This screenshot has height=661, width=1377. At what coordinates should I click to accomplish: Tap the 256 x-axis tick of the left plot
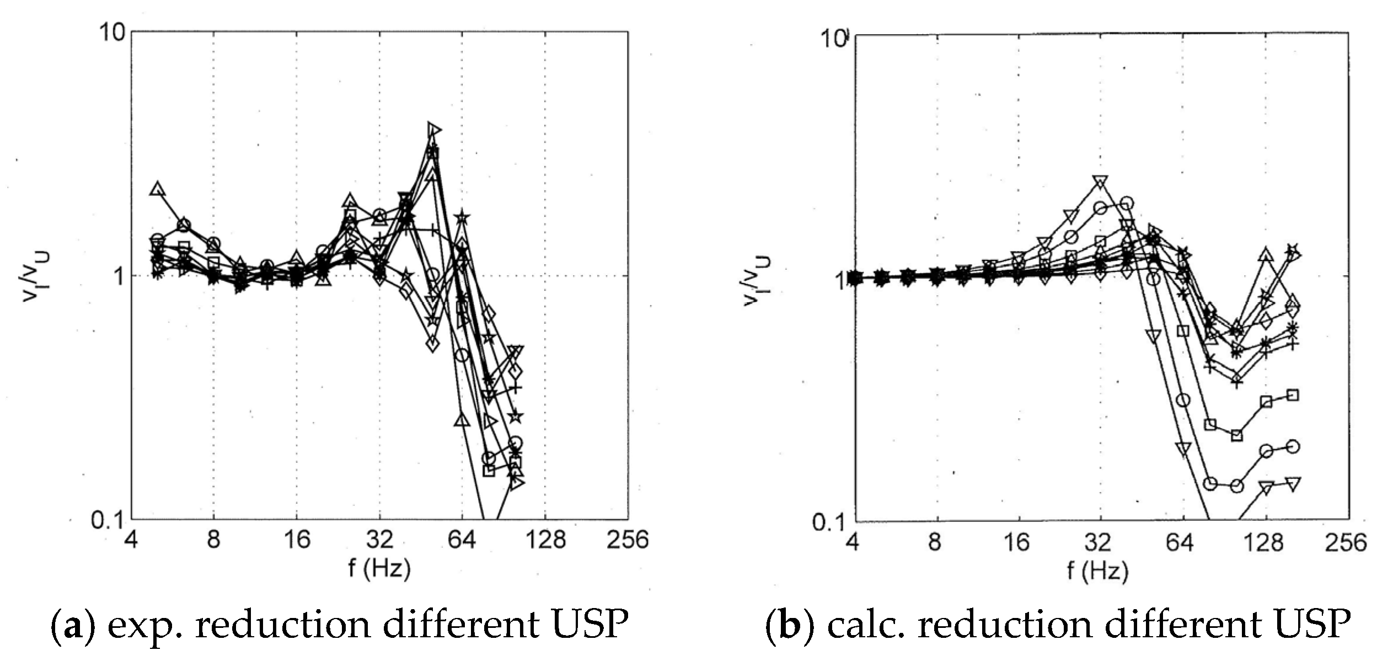tap(628, 540)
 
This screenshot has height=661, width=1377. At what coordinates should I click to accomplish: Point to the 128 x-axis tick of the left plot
tap(545, 540)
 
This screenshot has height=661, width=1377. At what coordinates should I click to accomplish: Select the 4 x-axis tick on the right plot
tap(852, 543)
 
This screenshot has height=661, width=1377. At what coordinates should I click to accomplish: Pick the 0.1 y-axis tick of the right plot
tap(829, 523)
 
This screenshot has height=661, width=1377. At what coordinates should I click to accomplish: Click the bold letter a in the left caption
tap(71, 625)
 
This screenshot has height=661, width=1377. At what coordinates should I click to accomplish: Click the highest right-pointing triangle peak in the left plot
tap(435, 130)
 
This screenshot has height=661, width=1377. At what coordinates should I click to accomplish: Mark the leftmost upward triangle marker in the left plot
tap(158, 189)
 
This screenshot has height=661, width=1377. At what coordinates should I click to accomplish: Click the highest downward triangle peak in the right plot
tap(1100, 182)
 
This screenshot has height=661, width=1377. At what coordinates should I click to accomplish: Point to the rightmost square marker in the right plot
tap(1292, 395)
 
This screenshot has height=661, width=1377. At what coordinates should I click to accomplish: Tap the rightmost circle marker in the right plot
tap(1292, 446)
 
